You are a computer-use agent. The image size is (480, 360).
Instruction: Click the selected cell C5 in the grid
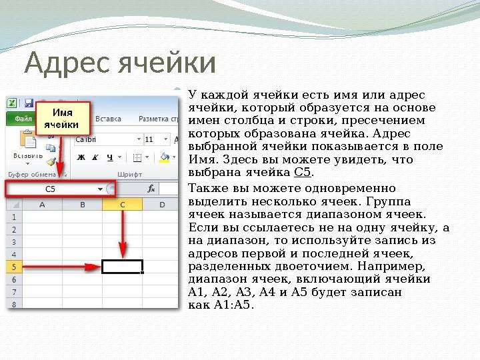(x=122, y=267)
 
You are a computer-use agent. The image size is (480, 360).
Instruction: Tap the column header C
(x=123, y=205)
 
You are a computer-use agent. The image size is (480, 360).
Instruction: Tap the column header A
(x=42, y=205)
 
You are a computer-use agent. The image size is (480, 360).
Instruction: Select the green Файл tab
(x=23, y=119)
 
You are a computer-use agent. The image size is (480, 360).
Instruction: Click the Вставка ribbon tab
(x=109, y=119)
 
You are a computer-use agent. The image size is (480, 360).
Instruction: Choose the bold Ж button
(x=81, y=158)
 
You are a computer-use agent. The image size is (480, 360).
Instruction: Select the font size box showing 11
(x=153, y=139)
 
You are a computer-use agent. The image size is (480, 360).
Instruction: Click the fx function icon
(x=151, y=189)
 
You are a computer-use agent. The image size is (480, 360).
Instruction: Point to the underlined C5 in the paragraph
(x=302, y=173)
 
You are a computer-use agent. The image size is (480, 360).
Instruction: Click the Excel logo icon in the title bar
(x=13, y=103)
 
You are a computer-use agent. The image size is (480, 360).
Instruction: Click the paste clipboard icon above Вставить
(x=29, y=139)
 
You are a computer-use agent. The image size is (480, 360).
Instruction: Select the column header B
(x=82, y=205)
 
